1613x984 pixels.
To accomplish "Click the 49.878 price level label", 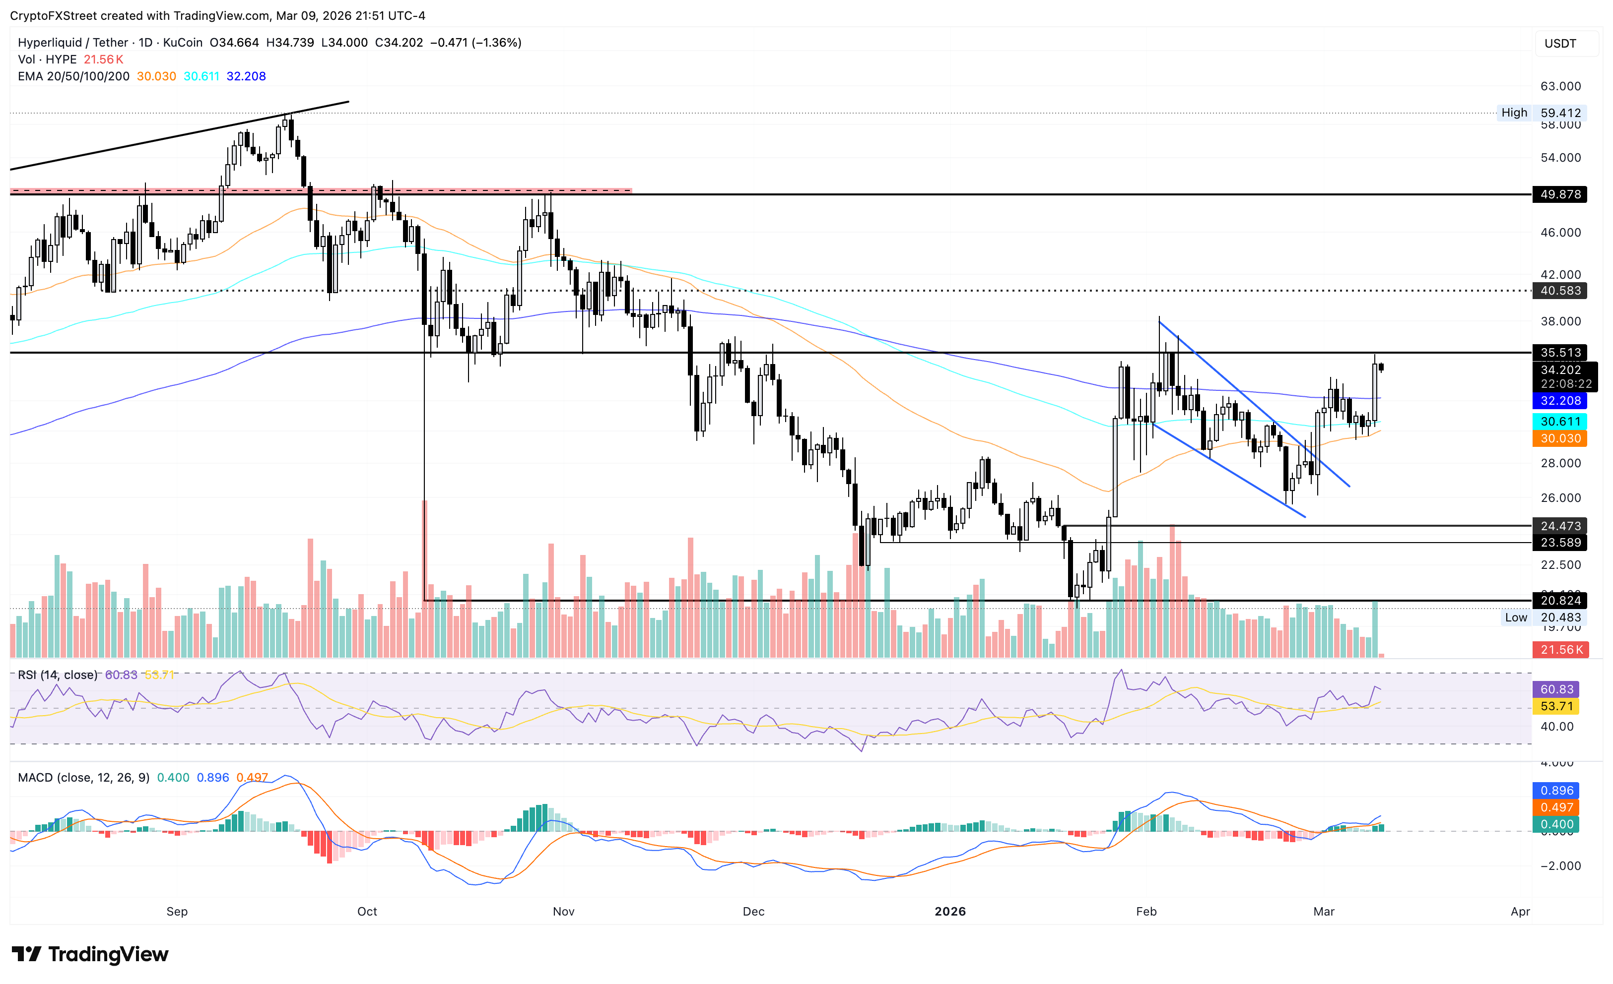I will pos(1559,194).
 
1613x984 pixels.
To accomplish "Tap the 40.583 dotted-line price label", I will pos(1559,291).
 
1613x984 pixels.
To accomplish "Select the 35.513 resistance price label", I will pos(1559,353).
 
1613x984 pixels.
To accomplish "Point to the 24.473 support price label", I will pos(1559,526).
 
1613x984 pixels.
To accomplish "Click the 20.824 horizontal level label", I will pos(1559,601).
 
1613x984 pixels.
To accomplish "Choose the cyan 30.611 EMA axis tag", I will pos(1559,422).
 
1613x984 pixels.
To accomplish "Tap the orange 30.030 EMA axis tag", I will pos(1559,438).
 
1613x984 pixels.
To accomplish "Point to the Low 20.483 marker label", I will pos(1541,617).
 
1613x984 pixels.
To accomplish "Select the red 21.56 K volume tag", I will pos(1560,650).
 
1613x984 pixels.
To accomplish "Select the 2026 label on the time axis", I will pos(950,912).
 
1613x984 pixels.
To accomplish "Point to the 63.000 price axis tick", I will pos(1560,86).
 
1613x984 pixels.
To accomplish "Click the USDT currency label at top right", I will pos(1560,44).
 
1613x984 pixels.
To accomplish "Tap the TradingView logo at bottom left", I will pos(90,955).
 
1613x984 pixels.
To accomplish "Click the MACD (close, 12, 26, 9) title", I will pos(84,778).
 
